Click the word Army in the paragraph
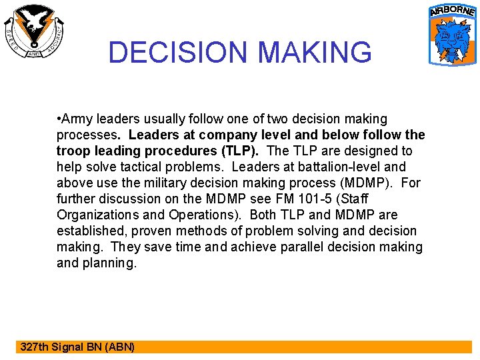click(x=77, y=119)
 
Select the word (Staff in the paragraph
click(x=352, y=199)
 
